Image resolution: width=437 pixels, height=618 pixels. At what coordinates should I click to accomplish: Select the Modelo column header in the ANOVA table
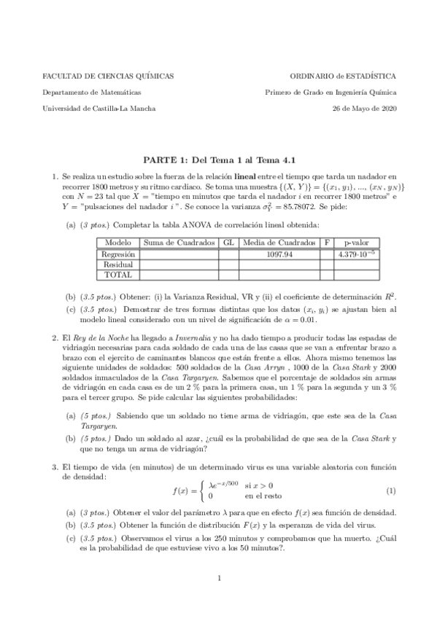coord(117,243)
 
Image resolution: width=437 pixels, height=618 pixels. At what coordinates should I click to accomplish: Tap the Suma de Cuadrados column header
coord(179,243)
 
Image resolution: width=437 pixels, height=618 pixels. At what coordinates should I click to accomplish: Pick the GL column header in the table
coord(228,243)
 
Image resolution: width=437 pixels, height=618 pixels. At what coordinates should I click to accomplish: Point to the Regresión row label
coord(117,254)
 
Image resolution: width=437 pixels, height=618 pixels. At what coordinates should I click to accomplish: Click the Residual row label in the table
coord(117,265)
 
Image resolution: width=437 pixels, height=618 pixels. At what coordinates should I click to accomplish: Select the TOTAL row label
coord(117,275)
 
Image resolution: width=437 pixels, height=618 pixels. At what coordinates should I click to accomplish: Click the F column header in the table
coord(327,243)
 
